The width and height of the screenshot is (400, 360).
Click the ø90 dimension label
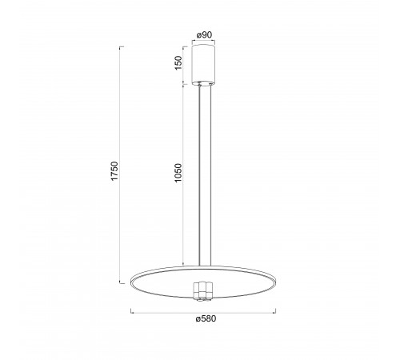click(x=204, y=35)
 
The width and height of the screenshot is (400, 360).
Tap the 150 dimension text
click(x=178, y=63)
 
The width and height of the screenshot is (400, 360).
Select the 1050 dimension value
click(x=178, y=173)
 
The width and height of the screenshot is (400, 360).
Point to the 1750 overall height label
click(x=114, y=171)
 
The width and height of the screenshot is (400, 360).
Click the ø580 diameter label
click(x=206, y=318)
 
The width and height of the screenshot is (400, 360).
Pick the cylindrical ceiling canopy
click(x=204, y=66)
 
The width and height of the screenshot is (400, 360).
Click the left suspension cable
click(x=199, y=175)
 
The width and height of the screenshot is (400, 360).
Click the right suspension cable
click(x=210, y=175)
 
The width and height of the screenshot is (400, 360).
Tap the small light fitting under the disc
click(x=204, y=291)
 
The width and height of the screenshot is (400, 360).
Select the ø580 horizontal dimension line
click(x=203, y=313)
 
